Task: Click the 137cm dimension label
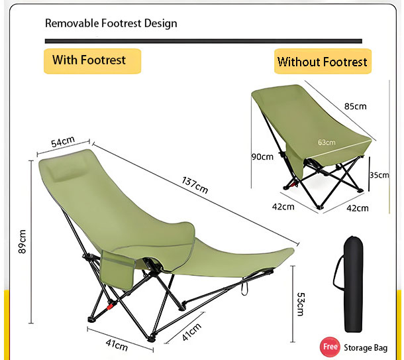tap(195, 185)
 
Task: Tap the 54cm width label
tap(63, 141)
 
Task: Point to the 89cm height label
tap(23, 241)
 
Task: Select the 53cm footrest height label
tap(301, 304)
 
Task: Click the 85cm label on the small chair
tap(355, 106)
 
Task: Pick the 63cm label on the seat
tap(327, 142)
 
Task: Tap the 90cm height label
tap(262, 156)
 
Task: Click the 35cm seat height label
tap(379, 175)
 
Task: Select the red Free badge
tap(330, 347)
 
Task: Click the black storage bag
tap(353, 284)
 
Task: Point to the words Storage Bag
tap(366, 348)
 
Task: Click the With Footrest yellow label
tap(93, 61)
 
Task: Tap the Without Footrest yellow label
tap(323, 61)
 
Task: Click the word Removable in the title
tap(72, 23)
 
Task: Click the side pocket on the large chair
tap(117, 270)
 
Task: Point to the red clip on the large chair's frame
tap(110, 306)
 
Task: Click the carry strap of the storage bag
tap(338, 272)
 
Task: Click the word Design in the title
tap(160, 23)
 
